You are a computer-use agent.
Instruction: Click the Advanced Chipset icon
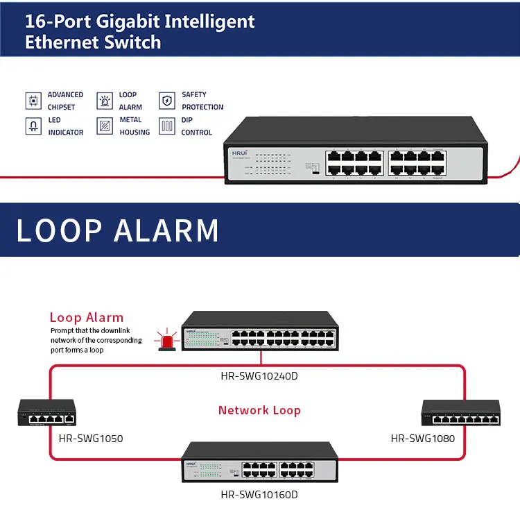click(33, 101)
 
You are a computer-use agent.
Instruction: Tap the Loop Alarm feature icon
click(104, 101)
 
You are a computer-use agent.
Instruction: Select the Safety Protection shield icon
click(167, 101)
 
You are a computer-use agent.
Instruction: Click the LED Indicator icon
click(33, 126)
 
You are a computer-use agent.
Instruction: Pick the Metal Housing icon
click(104, 126)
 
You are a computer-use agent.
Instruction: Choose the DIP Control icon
click(167, 126)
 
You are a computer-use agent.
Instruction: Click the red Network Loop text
click(259, 410)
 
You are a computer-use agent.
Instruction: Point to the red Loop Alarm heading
click(87, 318)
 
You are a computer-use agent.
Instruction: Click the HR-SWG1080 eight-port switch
click(461, 414)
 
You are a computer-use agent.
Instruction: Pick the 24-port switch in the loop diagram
click(261, 332)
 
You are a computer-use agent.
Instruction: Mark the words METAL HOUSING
click(135, 126)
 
